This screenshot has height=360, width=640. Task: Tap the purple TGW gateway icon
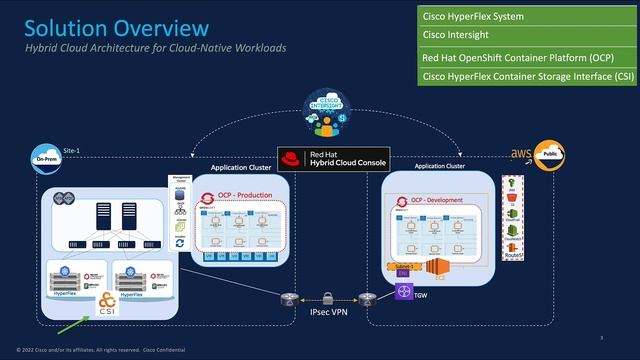click(405, 292)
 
